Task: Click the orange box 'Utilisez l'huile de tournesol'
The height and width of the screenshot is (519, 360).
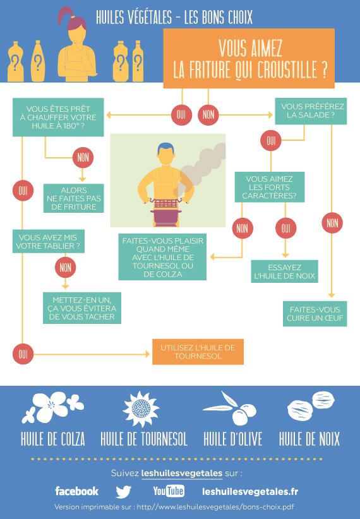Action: click(198, 352)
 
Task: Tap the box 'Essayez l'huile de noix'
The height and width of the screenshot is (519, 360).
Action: click(284, 271)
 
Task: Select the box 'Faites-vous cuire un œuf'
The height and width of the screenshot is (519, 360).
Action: click(315, 314)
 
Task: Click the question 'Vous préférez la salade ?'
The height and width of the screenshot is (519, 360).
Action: click(311, 111)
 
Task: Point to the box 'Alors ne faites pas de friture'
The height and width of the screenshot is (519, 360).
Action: click(73, 198)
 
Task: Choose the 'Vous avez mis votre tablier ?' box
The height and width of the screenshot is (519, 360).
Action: click(49, 241)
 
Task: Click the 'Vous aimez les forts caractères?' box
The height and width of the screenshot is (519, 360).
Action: click(270, 187)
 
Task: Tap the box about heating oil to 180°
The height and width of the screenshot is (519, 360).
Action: click(58, 117)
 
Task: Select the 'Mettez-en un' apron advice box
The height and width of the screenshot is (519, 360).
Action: click(82, 308)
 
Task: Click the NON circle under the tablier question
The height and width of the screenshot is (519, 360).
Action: click(65, 268)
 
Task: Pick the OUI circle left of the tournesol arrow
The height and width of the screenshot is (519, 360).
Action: click(23, 354)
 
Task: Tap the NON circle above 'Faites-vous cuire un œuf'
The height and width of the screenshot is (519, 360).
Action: click(332, 223)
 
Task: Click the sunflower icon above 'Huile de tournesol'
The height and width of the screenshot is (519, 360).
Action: click(140, 409)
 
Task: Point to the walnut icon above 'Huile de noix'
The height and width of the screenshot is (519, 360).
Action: click(310, 406)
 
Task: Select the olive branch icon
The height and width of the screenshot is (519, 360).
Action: click(231, 409)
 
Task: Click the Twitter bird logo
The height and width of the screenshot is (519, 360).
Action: click(124, 491)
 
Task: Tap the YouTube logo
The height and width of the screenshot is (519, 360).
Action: click(169, 491)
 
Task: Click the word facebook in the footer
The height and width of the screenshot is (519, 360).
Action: click(77, 491)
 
